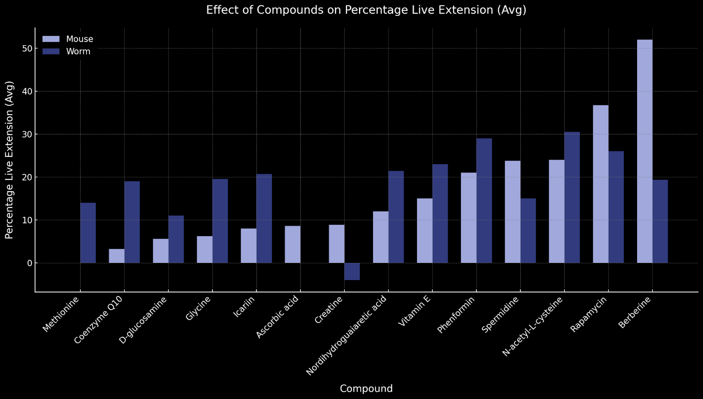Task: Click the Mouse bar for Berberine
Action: (x=645, y=151)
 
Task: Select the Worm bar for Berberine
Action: (x=660, y=221)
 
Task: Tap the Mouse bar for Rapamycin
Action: (x=601, y=184)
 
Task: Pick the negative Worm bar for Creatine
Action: (x=352, y=271)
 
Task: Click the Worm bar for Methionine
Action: (x=88, y=233)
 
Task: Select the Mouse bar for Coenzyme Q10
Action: (x=116, y=256)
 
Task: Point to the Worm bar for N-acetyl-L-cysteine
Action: (x=572, y=198)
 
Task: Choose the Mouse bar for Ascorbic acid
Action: (x=293, y=244)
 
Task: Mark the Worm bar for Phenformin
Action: (x=484, y=201)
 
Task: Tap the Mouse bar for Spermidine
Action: (x=513, y=212)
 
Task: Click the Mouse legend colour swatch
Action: (x=51, y=39)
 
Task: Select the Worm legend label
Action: (x=78, y=51)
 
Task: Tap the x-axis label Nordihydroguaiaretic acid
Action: (x=347, y=336)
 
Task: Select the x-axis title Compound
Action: (x=366, y=388)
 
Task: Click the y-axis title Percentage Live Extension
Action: (x=10, y=160)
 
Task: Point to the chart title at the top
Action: (x=366, y=10)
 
